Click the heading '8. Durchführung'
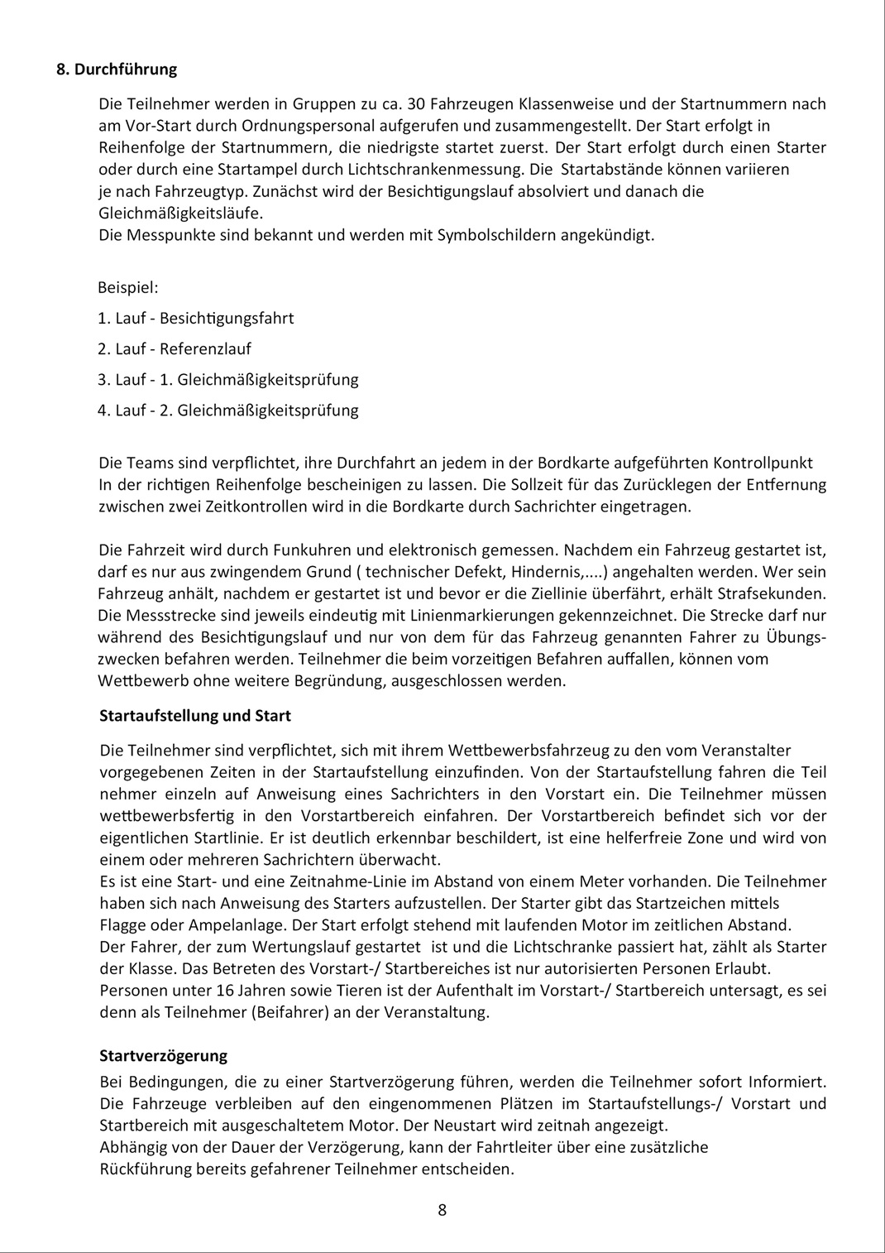pos(117,70)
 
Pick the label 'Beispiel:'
pos(128,288)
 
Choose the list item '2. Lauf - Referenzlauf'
pos(175,349)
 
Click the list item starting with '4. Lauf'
pos(228,410)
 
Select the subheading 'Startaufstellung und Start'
pos(195,716)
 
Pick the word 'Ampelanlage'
pos(195,925)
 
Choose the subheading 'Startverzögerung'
pos(163,1056)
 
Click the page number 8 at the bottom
pos(442,1210)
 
